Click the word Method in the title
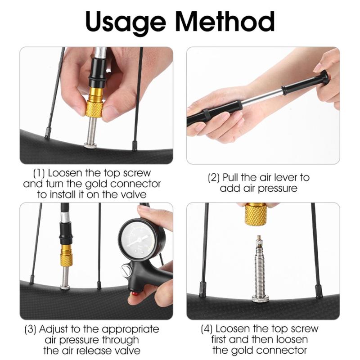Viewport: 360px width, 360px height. [225, 21]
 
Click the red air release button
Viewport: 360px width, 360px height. [133, 294]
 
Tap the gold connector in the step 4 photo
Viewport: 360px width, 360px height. [255, 214]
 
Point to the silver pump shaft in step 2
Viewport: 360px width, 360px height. [262, 97]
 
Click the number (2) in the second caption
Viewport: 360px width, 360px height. [214, 178]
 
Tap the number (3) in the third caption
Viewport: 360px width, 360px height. [31, 329]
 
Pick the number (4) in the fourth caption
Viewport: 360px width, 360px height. [207, 329]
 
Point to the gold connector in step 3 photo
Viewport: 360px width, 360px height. [66, 256]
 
